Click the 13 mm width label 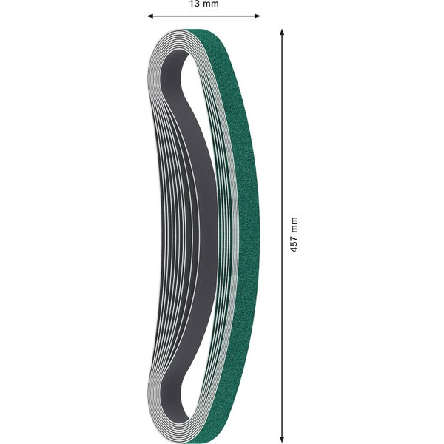[203, 4]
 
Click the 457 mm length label [294, 235]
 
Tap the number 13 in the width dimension [195, 4]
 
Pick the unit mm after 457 [294, 224]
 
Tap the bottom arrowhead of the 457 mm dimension [281, 438]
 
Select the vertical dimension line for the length [281, 148]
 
